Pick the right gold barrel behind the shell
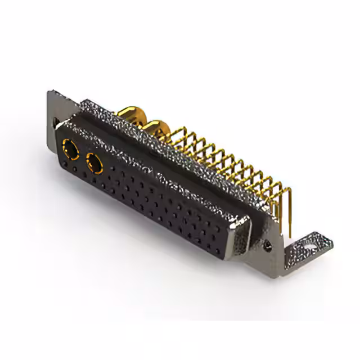tap(159, 128)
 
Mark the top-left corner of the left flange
tap(48, 92)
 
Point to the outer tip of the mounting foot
tap(332, 241)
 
